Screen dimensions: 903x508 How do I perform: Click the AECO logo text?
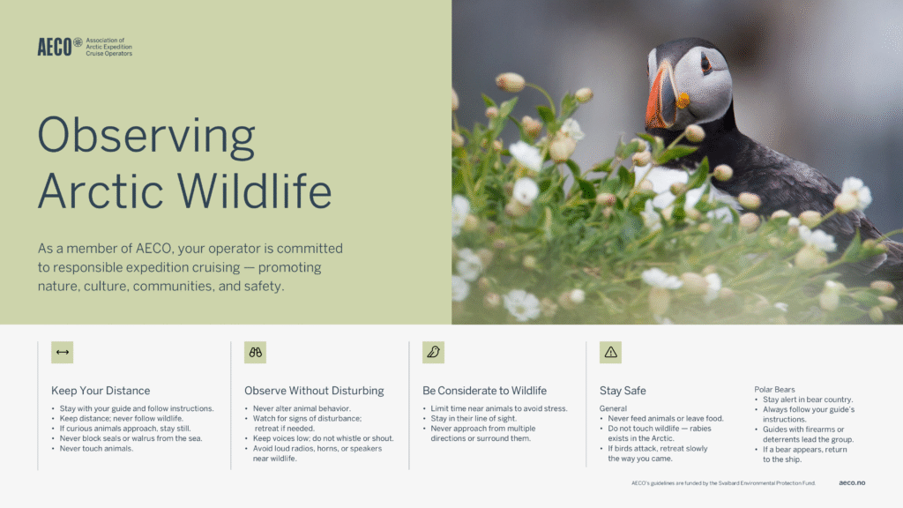click(x=55, y=47)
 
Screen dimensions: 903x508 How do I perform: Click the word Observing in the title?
click(x=146, y=136)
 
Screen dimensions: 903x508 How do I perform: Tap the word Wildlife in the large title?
click(x=254, y=190)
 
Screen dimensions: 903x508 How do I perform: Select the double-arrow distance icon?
click(x=63, y=353)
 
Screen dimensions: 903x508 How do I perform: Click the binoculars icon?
click(x=255, y=353)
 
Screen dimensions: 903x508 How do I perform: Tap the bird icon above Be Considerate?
click(x=433, y=353)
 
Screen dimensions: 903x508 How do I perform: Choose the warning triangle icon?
click(x=610, y=353)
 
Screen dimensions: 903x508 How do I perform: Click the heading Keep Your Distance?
click(x=101, y=391)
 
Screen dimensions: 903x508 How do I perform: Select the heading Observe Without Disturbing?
click(x=314, y=391)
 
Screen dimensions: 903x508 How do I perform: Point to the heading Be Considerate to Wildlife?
click(x=484, y=391)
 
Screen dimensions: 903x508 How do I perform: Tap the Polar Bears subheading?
click(x=774, y=389)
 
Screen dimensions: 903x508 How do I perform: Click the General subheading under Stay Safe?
click(x=613, y=408)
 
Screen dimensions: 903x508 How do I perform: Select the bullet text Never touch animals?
click(x=96, y=448)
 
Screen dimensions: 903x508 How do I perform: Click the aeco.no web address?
click(x=852, y=482)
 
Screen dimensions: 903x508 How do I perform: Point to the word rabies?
click(x=700, y=429)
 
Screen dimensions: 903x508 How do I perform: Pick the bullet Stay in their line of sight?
click(x=474, y=418)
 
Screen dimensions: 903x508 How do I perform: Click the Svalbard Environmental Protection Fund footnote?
click(x=723, y=483)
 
